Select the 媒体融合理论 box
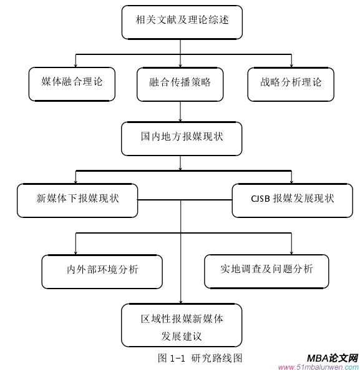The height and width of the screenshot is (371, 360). pos(72,82)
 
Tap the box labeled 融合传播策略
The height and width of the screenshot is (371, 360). pos(180,82)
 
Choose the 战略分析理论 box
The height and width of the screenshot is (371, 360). pos(291,82)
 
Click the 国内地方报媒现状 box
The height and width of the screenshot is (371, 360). pos(181,137)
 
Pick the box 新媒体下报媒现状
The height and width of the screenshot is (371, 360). pos(77,199)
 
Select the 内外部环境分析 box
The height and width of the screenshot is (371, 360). pos(102,270)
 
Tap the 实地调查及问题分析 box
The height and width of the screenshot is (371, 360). pos(266,270)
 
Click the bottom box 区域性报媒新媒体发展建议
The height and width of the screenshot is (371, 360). pos(181,327)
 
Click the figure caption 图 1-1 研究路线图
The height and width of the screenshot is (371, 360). pos(199,358)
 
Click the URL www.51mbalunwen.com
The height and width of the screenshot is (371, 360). pos(318,367)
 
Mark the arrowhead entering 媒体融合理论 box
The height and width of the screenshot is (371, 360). pos(75,64)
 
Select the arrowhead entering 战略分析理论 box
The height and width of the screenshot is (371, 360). pos(291,64)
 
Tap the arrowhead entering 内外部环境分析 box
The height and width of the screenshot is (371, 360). pos(76,251)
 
